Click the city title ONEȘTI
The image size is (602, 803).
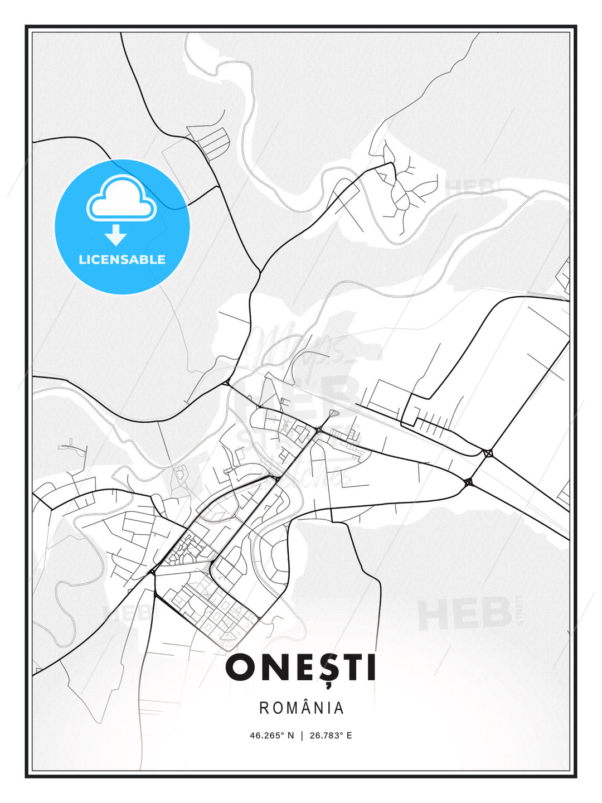click(301, 667)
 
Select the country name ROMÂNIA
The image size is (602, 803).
click(302, 708)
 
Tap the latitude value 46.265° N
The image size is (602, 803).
click(271, 736)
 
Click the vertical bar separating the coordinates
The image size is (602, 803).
click(302, 736)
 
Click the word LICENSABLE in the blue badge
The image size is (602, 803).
click(122, 260)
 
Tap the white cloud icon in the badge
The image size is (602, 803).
click(121, 198)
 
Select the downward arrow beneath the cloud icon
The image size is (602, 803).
click(116, 235)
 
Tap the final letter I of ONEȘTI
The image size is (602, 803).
click(371, 667)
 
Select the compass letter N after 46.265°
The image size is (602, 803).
click(290, 736)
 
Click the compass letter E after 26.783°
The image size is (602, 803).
click(349, 736)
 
